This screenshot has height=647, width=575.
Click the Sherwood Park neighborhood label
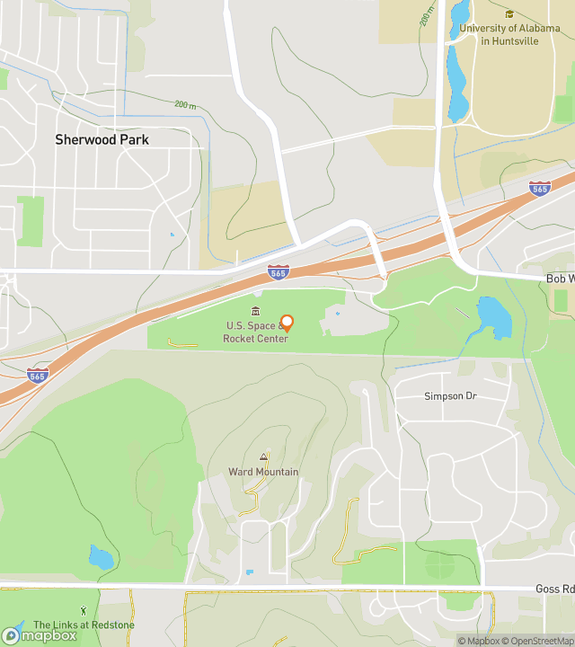tap(102, 139)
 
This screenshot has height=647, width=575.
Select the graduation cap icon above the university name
tap(509, 14)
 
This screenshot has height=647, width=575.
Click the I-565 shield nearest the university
tap(540, 188)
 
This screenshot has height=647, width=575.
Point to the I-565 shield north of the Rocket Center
tap(279, 271)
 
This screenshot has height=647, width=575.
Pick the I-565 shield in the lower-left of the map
tap(38, 375)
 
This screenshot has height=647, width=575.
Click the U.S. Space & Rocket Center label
tap(256, 332)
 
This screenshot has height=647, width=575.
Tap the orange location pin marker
tap(287, 323)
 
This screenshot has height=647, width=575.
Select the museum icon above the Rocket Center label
tap(256, 311)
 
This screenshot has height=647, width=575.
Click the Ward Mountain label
tap(263, 472)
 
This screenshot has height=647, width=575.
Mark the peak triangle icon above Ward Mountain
tap(263, 457)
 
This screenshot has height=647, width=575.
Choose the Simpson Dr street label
tap(449, 396)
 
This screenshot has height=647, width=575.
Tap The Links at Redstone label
tap(84, 625)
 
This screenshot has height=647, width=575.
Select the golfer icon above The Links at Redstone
tap(84, 611)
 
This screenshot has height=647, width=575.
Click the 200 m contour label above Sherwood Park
tap(186, 105)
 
